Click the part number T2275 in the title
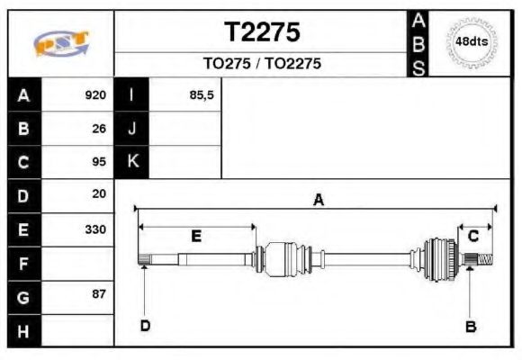[x=261, y=33]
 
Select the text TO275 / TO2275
[x=261, y=65]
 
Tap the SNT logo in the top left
[x=61, y=43]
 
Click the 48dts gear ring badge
[x=472, y=42]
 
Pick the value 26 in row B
[x=99, y=129]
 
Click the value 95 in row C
[x=99, y=162]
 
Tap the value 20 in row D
[x=99, y=194]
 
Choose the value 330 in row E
[x=95, y=229]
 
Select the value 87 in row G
[x=99, y=294]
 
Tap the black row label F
[x=24, y=263]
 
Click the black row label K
[x=132, y=162]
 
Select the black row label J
[x=132, y=129]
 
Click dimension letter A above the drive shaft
[x=318, y=201]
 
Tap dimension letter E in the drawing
[x=195, y=236]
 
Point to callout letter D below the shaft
[x=144, y=326]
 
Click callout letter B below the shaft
[x=470, y=327]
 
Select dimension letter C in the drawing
[x=472, y=236]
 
